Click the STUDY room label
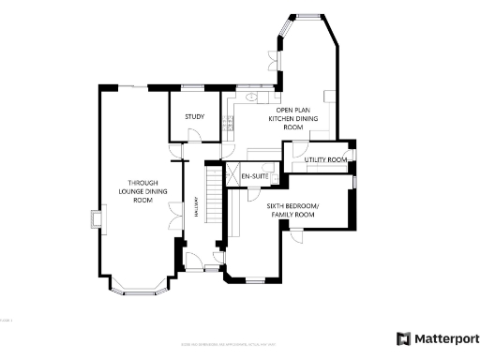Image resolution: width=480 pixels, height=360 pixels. (x=195, y=116)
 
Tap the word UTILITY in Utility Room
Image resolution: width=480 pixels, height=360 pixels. (x=315, y=160)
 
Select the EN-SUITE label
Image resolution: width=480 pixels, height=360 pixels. (x=255, y=176)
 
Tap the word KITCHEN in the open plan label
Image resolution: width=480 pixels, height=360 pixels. (x=282, y=119)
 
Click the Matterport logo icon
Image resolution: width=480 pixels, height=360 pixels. (x=403, y=338)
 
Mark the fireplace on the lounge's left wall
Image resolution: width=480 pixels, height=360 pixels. (x=96, y=220)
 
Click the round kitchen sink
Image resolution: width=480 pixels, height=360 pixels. (x=252, y=97)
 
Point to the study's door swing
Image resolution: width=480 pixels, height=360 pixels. (x=193, y=137)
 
